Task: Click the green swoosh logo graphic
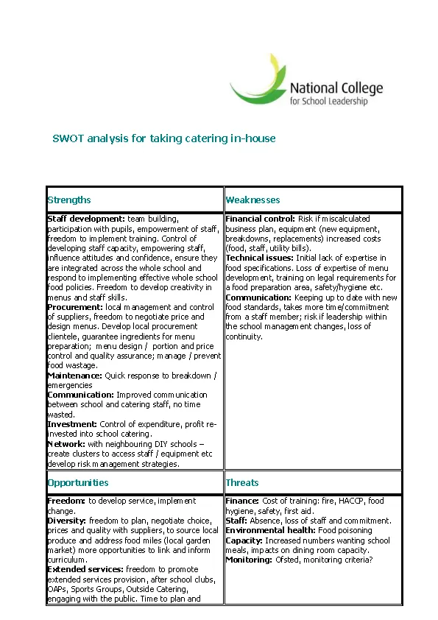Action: coord(258,80)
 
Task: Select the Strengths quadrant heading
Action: coord(69,200)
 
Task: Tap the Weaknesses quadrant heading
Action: coord(252,200)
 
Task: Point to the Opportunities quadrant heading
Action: coord(77,482)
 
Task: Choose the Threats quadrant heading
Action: coord(242,482)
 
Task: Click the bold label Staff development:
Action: coord(86,219)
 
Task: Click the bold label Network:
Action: coord(66,444)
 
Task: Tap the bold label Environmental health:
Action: coord(270,530)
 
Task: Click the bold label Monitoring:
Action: coord(249,560)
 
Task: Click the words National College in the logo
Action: coord(336,89)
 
